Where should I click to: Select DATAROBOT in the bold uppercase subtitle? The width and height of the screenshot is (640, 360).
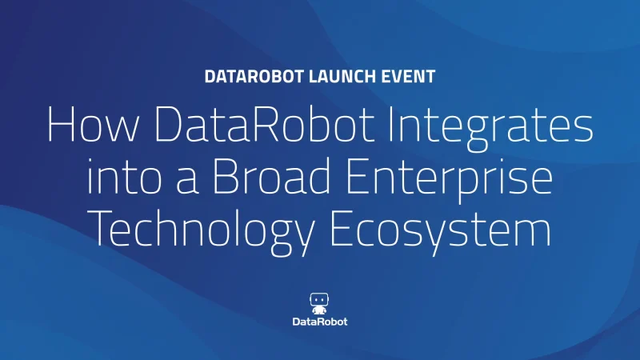click(254, 77)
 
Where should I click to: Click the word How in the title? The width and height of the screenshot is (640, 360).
click(93, 124)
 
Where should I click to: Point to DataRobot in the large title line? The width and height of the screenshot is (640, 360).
click(264, 124)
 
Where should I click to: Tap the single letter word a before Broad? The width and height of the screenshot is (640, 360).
click(187, 181)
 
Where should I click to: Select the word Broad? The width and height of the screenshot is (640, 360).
click(271, 175)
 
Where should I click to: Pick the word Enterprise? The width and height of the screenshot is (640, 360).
click(449, 180)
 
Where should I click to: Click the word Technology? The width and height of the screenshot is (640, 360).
click(201, 231)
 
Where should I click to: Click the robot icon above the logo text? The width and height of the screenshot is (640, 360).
click(319, 303)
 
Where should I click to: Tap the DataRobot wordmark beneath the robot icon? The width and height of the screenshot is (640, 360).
click(320, 322)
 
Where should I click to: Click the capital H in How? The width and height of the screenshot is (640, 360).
click(61, 124)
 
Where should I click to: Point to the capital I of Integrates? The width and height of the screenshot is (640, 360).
click(391, 124)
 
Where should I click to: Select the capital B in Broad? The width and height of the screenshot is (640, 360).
click(226, 176)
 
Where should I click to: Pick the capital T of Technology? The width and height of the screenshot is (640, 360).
click(101, 228)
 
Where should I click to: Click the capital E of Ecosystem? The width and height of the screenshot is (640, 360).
click(342, 228)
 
